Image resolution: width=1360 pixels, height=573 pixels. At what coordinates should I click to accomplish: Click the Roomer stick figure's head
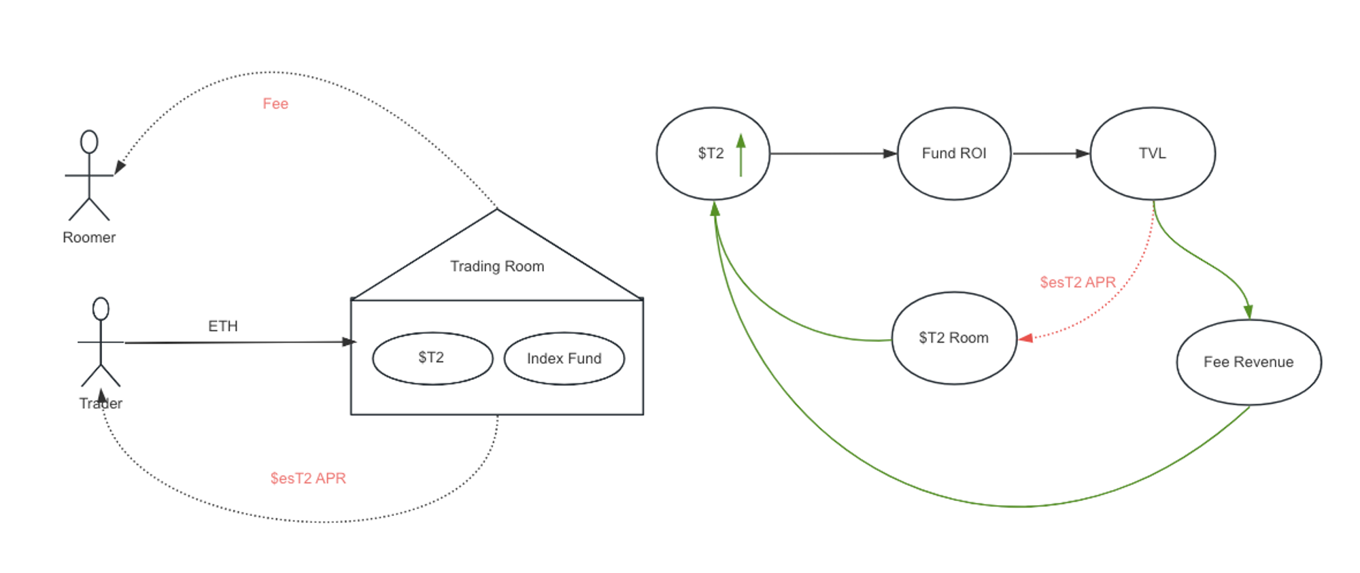point(89,141)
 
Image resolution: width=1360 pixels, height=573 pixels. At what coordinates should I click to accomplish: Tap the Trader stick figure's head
point(101,309)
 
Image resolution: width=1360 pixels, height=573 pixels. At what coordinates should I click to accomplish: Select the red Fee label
point(275,103)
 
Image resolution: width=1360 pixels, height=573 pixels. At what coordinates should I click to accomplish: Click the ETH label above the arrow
point(223,326)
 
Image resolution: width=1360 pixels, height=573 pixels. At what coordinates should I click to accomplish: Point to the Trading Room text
point(497,266)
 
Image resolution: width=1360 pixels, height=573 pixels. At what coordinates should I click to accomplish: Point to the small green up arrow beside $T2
point(741,155)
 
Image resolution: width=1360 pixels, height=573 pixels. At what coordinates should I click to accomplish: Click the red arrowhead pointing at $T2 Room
point(1025,338)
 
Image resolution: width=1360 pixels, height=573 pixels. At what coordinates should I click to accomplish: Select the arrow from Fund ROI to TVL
point(1051,154)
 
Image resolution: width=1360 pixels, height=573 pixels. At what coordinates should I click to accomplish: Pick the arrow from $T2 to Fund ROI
point(834,154)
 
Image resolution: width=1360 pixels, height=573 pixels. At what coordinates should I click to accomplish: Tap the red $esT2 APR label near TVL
point(1078,282)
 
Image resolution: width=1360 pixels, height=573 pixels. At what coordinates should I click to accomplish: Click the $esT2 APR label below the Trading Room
point(308,479)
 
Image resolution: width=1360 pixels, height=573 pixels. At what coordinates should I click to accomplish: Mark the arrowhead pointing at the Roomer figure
point(120,167)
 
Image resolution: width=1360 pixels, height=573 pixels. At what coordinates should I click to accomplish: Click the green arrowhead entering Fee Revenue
point(1248,312)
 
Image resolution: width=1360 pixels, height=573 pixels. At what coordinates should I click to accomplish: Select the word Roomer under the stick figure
point(89,237)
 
